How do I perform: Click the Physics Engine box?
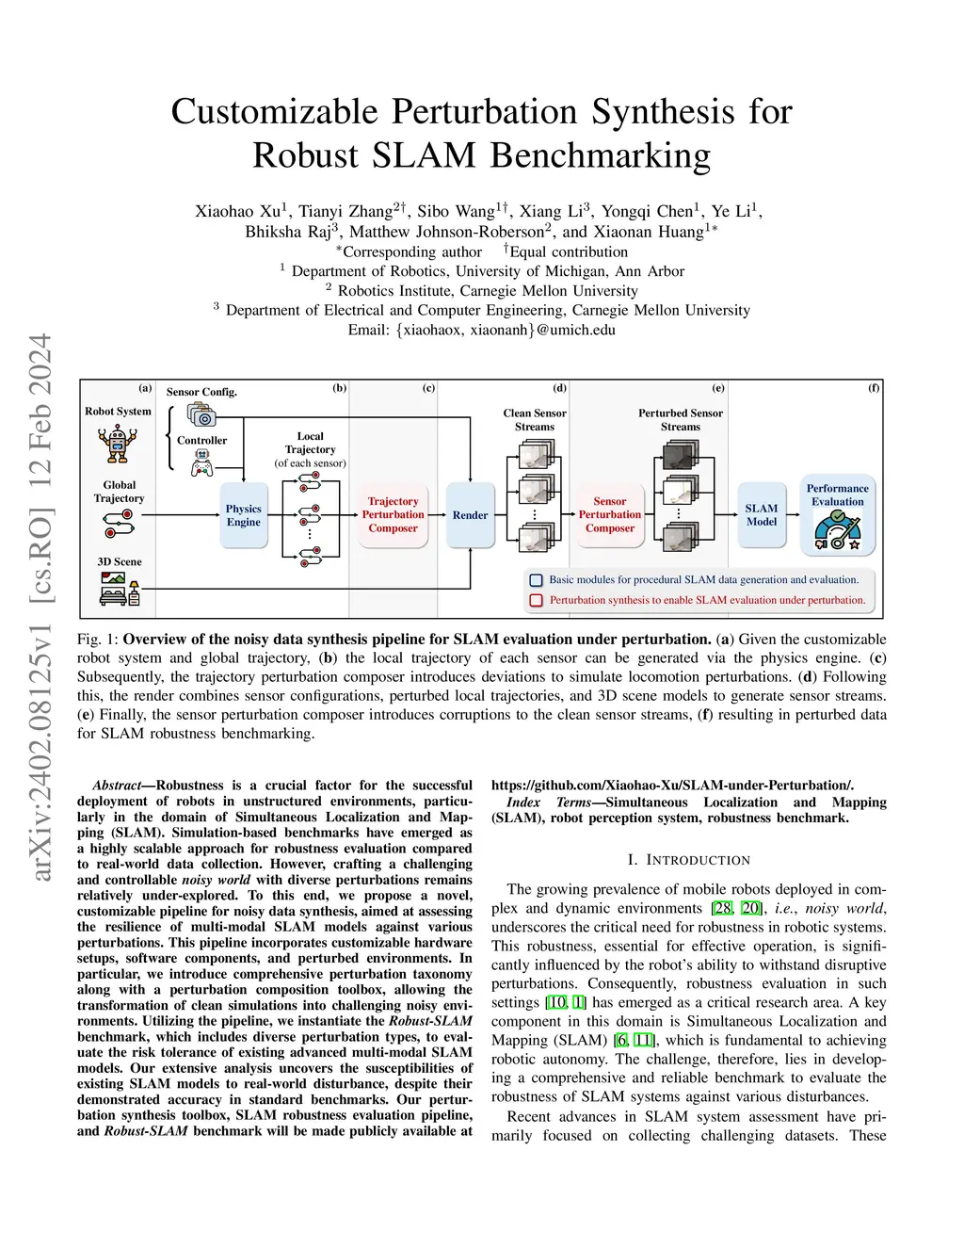(x=243, y=515)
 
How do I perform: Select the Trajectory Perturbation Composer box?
(x=393, y=515)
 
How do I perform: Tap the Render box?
(x=470, y=515)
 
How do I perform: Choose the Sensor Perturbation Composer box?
(x=609, y=515)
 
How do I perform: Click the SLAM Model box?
(x=762, y=515)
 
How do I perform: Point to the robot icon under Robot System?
(x=117, y=443)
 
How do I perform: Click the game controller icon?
(x=201, y=462)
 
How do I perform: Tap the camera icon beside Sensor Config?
(x=201, y=413)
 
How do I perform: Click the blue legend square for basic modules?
(x=537, y=580)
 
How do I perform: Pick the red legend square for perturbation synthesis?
(x=537, y=600)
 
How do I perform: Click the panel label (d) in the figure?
(x=559, y=387)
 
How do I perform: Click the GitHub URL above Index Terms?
(x=672, y=786)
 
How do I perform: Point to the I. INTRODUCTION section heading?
(x=688, y=860)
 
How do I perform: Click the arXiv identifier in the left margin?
(x=41, y=608)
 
